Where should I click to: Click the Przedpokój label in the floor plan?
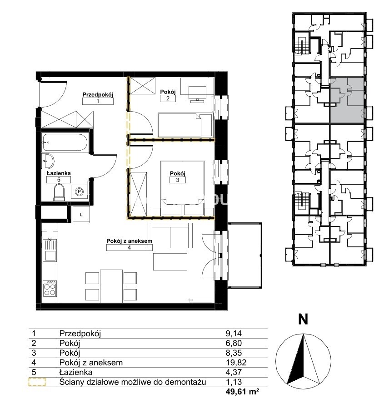pos(98,95)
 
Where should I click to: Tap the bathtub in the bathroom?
pos(65,142)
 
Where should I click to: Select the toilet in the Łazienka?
pos(59,192)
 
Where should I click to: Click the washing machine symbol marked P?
pos(80,192)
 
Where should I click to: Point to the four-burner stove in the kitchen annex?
pos(50,288)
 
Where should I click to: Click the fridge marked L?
pos(81,215)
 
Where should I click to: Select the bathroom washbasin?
pos(48,161)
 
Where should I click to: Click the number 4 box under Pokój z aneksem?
pos(129,247)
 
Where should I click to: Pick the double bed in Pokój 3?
pos(183,188)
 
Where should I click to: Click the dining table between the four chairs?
pos(111,286)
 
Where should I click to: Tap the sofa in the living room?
pos(170,235)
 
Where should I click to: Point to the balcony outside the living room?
pos(244,255)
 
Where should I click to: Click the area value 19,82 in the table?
pos(236,363)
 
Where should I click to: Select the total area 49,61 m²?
pos(243,392)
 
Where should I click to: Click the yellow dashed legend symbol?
pos(37,382)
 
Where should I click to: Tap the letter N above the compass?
pos(303,319)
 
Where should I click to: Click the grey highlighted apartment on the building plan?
pos(347,100)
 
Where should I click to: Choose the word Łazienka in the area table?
pos(76,373)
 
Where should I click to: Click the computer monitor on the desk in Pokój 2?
pos(197,93)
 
